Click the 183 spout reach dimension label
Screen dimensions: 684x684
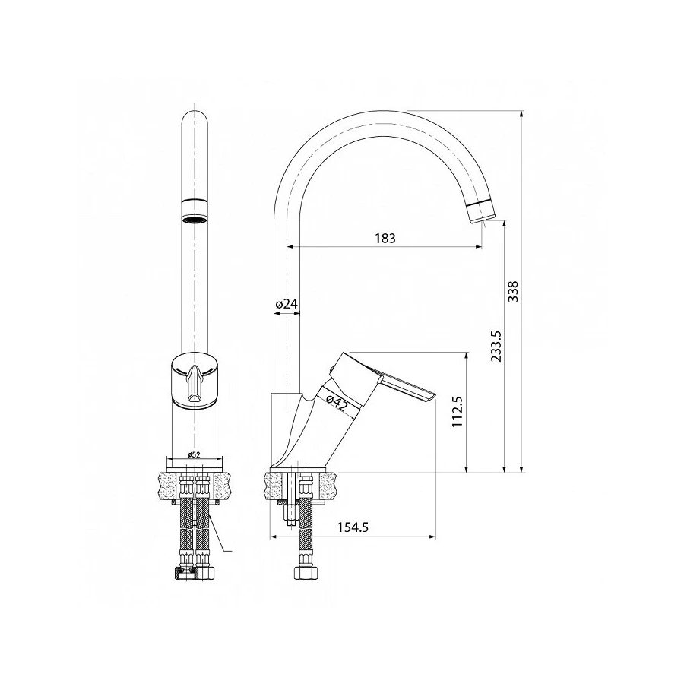pyautogui.click(x=385, y=238)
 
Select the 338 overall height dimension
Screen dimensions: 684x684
pyautogui.click(x=513, y=292)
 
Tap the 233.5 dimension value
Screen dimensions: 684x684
pyautogui.click(x=496, y=346)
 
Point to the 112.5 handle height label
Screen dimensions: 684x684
pyautogui.click(x=457, y=412)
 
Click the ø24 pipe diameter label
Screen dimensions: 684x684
pyautogui.click(x=286, y=304)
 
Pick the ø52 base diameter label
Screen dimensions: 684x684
pyautogui.click(x=194, y=454)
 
